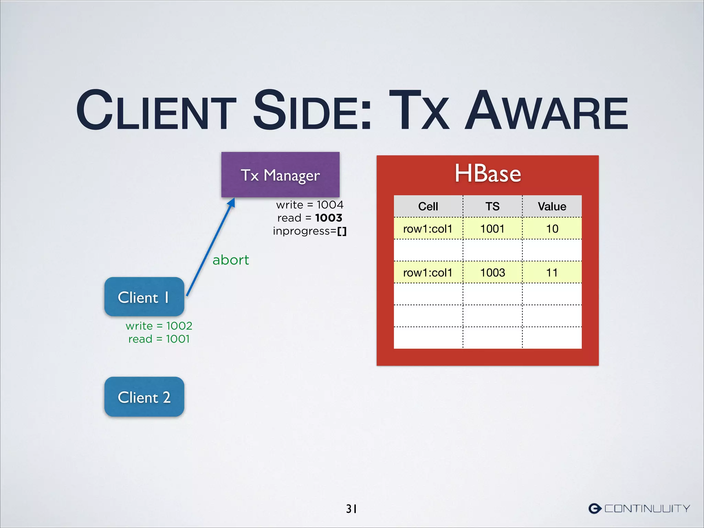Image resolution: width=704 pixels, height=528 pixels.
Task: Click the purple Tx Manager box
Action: click(280, 175)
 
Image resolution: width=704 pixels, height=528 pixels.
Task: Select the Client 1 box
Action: click(144, 297)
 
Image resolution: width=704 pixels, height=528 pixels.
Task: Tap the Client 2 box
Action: click(144, 397)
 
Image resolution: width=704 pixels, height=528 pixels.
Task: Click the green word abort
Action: click(231, 260)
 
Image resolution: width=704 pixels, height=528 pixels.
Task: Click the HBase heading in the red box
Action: click(488, 173)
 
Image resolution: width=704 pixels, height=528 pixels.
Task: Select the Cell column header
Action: click(428, 206)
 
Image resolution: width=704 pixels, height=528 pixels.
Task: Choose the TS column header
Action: click(492, 206)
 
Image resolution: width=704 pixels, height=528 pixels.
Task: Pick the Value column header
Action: click(552, 206)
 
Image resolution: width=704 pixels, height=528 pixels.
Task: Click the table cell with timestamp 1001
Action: click(492, 229)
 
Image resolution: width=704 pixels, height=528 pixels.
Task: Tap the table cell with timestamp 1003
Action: click(492, 273)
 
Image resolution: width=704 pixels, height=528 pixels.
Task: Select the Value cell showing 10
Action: click(552, 229)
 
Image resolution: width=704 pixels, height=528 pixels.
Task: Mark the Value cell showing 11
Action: click(552, 273)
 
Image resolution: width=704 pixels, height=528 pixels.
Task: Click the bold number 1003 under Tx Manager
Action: click(329, 218)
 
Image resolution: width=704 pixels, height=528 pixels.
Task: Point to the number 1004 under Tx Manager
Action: click(330, 205)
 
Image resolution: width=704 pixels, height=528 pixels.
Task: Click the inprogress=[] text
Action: click(310, 231)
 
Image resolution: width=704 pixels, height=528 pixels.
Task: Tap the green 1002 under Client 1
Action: click(179, 326)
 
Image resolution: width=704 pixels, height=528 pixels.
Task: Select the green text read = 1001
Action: click(159, 339)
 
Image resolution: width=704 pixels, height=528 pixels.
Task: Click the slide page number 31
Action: click(351, 508)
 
